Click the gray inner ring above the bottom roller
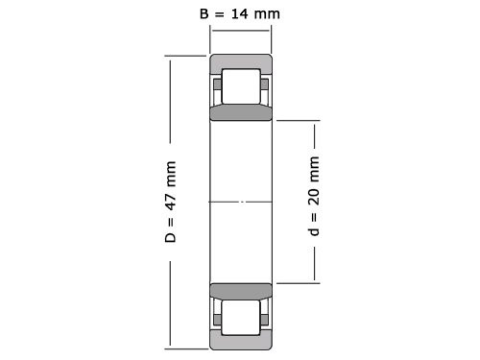click(241, 292)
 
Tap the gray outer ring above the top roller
click(241, 62)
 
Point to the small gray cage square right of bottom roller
click(263, 317)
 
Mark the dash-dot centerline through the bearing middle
click(241, 202)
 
